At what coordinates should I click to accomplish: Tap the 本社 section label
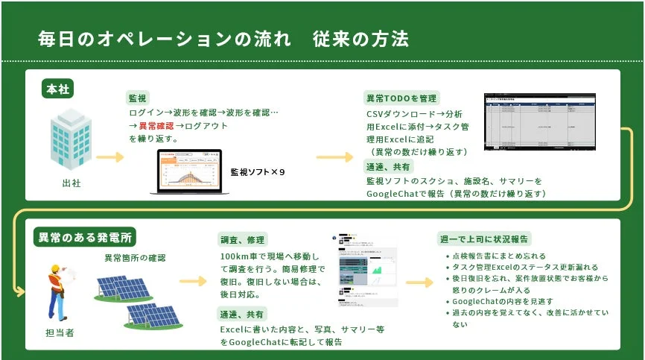[57, 89]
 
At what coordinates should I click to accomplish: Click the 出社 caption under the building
[72, 183]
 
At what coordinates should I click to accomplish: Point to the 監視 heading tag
[138, 98]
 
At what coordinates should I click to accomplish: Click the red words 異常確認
[157, 126]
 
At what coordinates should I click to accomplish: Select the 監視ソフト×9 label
[258, 172]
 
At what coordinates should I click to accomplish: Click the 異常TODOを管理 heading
[401, 98]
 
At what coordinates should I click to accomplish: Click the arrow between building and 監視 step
[109, 157]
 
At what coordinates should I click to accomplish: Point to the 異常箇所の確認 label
[135, 258]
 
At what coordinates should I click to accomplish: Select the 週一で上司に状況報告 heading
[484, 239]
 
